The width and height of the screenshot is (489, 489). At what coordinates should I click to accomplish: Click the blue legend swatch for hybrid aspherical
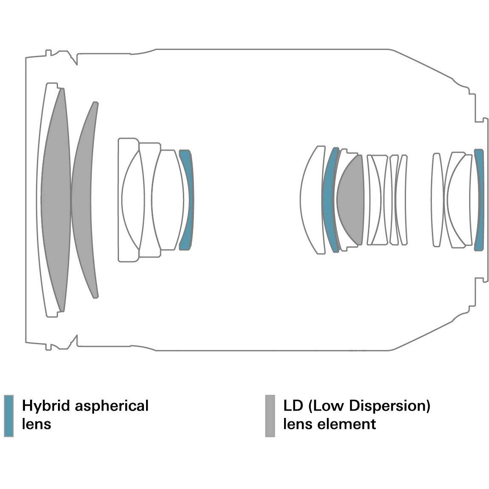pos(8,416)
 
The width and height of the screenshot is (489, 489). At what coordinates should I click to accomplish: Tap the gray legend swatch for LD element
pos(270,416)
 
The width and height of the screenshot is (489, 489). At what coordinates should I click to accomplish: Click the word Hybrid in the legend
pos(46,406)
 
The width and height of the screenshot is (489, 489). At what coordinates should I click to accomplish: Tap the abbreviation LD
pos(293,406)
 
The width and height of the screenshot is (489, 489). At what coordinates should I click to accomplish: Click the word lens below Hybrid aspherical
pos(36,424)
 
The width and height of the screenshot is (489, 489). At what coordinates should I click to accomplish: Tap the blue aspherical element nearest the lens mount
pos(479,199)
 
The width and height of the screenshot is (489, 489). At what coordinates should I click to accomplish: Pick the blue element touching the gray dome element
pos(330,199)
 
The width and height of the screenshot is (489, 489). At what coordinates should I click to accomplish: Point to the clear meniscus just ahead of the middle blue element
pos(311,199)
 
